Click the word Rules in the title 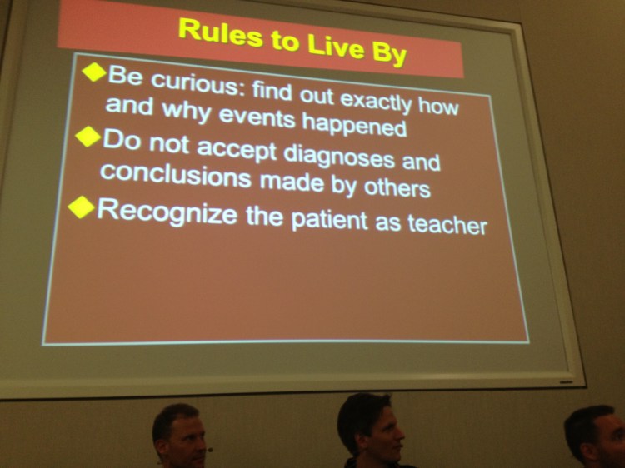point(212,32)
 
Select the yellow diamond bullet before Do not point(88,137)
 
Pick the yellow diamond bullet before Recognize point(81,207)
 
